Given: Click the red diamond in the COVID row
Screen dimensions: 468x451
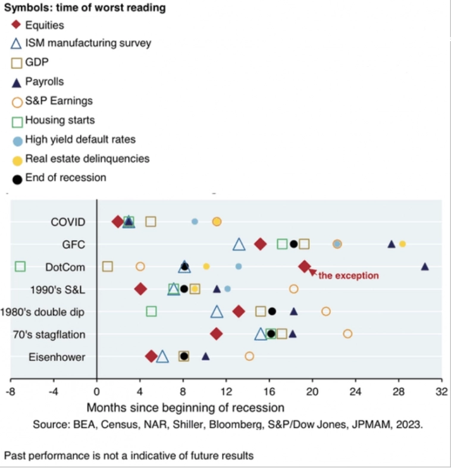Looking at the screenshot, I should tap(118, 221).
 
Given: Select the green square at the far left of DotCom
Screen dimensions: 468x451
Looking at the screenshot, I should tap(20, 266).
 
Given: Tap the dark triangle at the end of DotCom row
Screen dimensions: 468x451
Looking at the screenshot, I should tap(425, 267).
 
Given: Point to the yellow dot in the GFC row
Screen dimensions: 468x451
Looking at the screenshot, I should tap(402, 244).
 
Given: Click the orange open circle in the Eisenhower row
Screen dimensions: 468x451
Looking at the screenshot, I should tap(249, 356).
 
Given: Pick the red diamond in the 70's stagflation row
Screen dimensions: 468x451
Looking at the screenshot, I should tap(217, 333).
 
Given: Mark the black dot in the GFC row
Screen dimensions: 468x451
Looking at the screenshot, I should tap(293, 244).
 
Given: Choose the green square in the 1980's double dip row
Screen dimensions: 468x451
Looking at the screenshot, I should tap(151, 311).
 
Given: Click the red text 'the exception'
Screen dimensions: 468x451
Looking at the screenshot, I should tap(348, 276).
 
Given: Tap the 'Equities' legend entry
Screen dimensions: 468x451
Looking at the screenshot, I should tap(44, 26).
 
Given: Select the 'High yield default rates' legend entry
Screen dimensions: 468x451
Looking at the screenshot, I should tap(80, 139).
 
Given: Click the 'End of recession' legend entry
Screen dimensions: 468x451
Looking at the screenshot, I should tap(65, 177).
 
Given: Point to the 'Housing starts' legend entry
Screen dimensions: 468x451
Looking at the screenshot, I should tap(59, 120).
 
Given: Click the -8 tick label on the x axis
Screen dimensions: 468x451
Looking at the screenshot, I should tap(10, 392).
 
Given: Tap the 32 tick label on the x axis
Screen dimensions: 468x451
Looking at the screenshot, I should tap(441, 392).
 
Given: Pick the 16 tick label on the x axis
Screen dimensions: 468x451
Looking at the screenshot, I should tap(269, 392).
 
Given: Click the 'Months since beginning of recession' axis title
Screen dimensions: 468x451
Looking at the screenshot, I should tap(185, 408).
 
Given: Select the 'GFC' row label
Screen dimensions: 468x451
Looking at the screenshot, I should tap(74, 244).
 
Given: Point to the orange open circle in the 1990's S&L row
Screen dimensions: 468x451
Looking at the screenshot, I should tap(293, 289).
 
